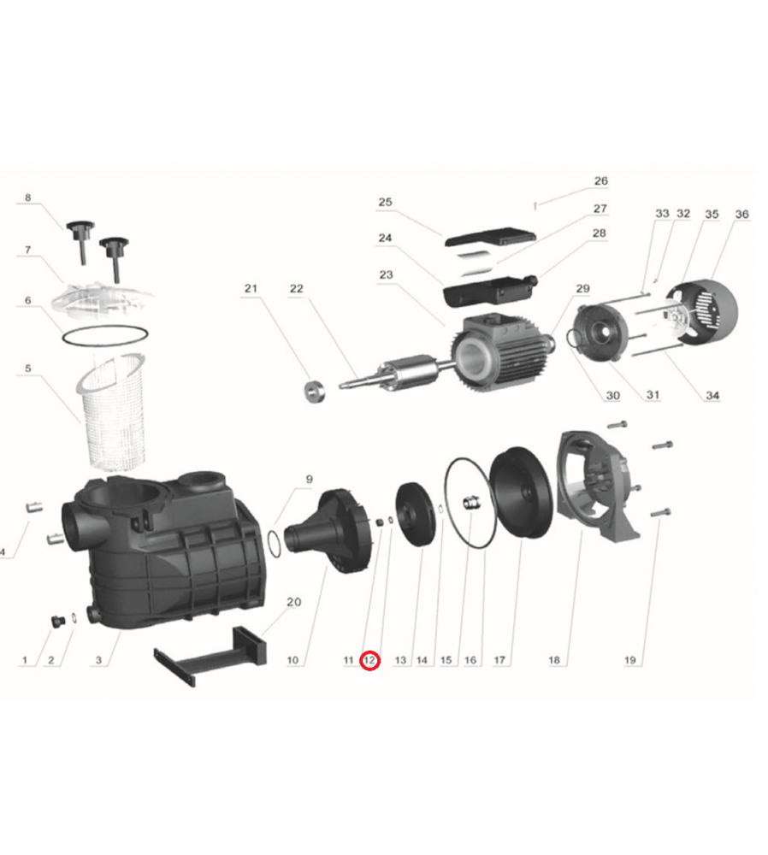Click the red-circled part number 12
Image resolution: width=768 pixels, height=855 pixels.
point(369,660)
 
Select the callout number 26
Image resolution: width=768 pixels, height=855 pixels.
point(600,181)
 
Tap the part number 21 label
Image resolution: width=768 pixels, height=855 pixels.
point(251,288)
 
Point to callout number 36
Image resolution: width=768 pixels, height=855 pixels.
point(741,215)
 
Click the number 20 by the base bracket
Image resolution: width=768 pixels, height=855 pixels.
point(293,602)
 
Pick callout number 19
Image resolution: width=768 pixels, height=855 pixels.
point(630,660)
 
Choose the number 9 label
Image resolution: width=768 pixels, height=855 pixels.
point(310,480)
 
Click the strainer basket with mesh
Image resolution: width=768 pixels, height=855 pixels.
point(112,412)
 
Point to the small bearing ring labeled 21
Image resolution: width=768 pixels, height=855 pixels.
point(314,392)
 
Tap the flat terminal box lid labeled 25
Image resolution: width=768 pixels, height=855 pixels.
point(490,237)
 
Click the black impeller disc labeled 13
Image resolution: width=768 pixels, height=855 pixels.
point(416,514)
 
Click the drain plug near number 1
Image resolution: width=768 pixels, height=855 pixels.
point(57,621)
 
